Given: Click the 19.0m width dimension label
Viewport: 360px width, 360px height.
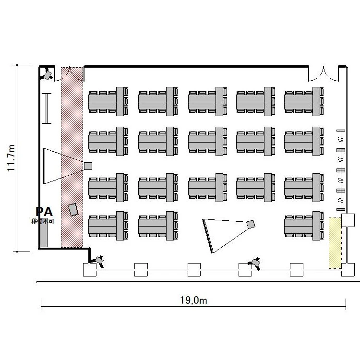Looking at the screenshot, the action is coord(193,300).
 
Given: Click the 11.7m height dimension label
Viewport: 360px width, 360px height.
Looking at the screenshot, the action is coord(11,158).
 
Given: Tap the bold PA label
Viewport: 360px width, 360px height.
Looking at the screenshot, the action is coord(44,212).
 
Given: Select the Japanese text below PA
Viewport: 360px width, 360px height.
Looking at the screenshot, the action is coord(42,222).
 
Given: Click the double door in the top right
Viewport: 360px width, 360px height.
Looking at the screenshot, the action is coord(323,74).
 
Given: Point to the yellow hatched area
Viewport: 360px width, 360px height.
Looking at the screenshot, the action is coord(335,243).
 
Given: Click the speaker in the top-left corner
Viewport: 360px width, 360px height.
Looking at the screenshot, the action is coord(48,75).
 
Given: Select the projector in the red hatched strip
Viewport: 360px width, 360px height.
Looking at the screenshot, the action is coord(88,166).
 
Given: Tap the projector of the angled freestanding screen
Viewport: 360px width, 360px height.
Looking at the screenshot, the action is coord(251,224).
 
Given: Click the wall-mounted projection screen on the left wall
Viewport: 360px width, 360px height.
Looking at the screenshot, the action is coord(44,166).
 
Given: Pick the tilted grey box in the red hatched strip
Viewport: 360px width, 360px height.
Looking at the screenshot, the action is coord(73,210).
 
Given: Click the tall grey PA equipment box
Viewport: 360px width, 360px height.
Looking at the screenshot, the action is coord(44,233).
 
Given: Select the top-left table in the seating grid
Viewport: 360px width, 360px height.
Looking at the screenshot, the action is coord(108,101).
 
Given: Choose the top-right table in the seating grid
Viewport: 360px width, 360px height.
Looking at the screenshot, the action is coord(304,101).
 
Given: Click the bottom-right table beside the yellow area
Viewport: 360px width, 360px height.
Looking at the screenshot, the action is coord(304,226).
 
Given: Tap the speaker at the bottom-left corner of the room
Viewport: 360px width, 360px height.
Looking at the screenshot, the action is coord(99,261).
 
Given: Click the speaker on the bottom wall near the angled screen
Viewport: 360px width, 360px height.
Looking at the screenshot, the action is coord(255,264).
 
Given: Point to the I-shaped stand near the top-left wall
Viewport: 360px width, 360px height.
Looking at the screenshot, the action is coord(47,108).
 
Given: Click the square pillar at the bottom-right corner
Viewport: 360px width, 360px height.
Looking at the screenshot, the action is coord(348,270).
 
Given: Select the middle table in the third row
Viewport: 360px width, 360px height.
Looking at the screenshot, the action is coord(208,188).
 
